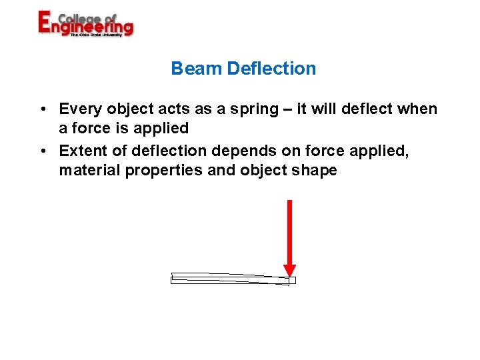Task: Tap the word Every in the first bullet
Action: (x=81, y=109)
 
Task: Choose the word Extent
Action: (x=83, y=151)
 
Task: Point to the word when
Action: (x=418, y=109)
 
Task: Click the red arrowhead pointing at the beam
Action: (x=289, y=270)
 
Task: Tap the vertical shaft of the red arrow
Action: (x=289, y=230)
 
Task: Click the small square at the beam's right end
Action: (x=292, y=281)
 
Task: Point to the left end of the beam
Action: (x=173, y=278)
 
